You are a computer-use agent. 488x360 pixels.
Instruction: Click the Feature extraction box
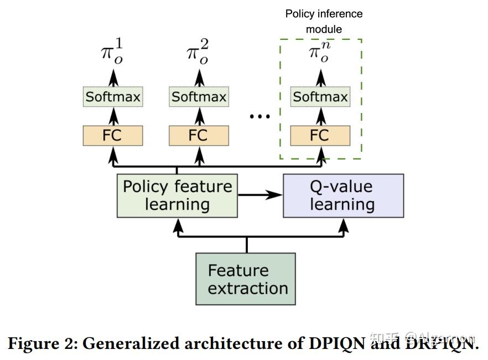[x=246, y=279]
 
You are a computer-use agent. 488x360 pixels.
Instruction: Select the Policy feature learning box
[x=177, y=196]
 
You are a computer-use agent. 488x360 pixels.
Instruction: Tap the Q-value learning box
[x=343, y=196]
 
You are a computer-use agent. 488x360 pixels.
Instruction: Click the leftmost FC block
[x=113, y=136]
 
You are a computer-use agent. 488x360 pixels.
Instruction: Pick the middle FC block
[x=199, y=136]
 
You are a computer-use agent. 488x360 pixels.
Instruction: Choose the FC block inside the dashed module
[x=320, y=136]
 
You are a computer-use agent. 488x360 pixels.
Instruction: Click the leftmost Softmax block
[x=113, y=97]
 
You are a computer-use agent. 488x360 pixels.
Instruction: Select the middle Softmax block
[x=199, y=97]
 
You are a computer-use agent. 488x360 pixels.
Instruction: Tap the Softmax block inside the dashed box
[x=320, y=97]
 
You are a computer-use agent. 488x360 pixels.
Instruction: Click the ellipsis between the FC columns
[x=259, y=117]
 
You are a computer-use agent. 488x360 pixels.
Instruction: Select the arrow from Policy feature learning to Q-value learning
[x=260, y=195]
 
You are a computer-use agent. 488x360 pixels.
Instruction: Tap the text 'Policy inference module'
[x=324, y=21]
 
